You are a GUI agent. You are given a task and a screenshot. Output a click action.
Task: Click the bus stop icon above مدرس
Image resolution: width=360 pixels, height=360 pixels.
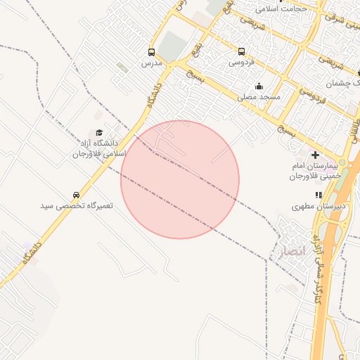point(151,52)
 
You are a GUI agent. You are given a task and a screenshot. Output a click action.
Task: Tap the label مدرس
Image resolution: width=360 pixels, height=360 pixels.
point(151,63)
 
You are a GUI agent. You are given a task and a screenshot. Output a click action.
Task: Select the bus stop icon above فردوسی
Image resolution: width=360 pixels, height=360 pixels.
point(242,51)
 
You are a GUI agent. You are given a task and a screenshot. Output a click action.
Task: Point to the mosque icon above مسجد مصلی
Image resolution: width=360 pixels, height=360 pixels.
point(259,86)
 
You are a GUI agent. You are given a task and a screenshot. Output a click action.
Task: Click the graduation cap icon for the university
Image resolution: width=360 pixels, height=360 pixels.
point(99,132)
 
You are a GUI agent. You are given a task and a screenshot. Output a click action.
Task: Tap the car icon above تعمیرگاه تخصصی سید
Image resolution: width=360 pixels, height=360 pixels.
point(76,195)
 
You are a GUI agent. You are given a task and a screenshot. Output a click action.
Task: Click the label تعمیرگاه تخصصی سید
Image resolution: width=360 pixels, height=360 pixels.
point(76,206)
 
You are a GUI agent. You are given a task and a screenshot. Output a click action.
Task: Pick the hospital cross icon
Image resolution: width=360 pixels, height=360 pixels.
point(315,155)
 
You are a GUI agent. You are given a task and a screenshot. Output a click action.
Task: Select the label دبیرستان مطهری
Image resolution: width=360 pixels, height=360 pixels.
point(319,207)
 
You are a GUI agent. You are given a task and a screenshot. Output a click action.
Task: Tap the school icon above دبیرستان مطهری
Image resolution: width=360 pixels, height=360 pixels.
point(319,195)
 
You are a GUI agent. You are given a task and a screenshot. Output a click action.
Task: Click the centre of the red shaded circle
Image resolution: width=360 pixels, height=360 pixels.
point(180,179)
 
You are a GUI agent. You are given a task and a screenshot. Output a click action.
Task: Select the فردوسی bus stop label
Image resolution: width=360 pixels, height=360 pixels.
point(242,63)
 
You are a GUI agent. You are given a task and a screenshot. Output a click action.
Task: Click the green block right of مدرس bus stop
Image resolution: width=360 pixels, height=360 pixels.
point(172,46)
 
